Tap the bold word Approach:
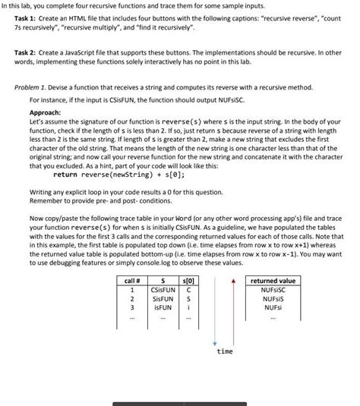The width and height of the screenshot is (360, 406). [x=46, y=112]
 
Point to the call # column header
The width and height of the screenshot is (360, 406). [x=133, y=281]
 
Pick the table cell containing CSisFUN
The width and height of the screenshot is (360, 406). [x=163, y=290]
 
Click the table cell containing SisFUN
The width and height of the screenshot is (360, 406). [x=163, y=299]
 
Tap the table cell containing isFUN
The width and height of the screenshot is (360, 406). [x=163, y=308]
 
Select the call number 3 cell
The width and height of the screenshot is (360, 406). [x=133, y=308]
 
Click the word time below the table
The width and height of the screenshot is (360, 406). [x=225, y=352]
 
